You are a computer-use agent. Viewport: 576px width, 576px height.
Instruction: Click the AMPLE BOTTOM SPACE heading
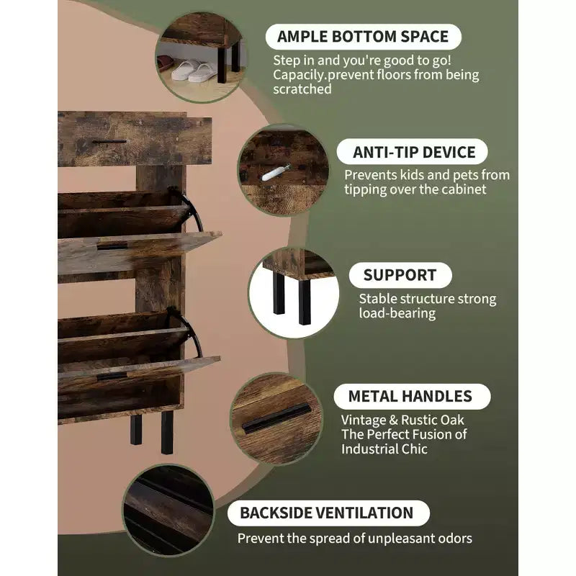tap(363, 37)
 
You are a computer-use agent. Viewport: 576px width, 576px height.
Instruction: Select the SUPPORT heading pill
tap(400, 275)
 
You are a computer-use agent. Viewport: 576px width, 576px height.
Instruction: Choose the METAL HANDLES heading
tap(412, 397)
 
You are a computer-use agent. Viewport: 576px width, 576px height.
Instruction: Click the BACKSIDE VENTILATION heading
tap(328, 513)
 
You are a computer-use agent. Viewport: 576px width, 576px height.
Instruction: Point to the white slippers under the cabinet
tap(194, 71)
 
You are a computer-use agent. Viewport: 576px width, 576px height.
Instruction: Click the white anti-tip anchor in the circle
tap(275, 173)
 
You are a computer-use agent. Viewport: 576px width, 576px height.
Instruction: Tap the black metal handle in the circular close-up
tap(276, 418)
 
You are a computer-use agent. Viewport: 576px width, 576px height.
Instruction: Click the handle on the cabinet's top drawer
tap(109, 141)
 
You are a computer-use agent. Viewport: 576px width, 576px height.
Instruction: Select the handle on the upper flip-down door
tap(112, 246)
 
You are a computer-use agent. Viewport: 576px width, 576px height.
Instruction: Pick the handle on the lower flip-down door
tap(112, 376)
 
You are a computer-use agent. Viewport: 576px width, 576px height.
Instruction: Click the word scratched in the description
tap(302, 89)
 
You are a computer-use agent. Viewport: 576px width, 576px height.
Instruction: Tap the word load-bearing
tap(397, 313)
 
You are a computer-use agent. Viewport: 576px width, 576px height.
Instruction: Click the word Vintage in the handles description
tap(362, 420)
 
